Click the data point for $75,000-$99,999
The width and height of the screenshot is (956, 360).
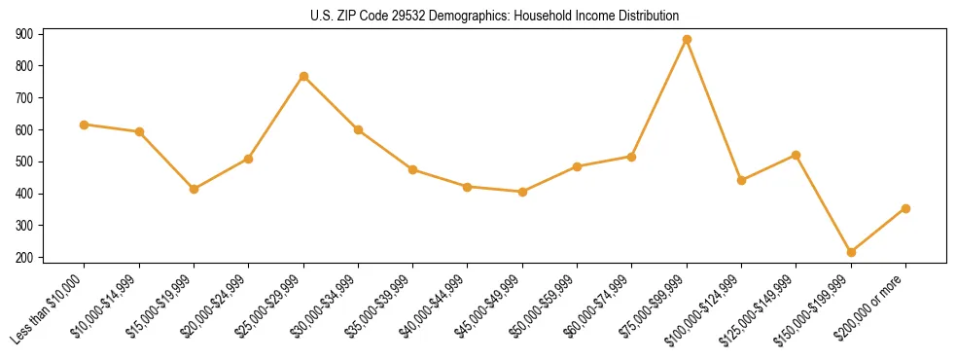[687, 40]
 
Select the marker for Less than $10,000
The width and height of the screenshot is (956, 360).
[85, 125]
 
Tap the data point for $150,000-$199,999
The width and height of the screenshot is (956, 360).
[851, 252]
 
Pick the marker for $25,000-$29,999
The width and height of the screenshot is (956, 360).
[303, 76]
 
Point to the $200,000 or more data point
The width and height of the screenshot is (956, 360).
[905, 208]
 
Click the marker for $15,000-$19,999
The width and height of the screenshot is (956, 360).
[194, 189]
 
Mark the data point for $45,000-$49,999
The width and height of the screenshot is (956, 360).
[522, 192]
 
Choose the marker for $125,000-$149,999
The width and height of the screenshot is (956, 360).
[797, 155]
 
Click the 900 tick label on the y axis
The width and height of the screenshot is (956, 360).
[24, 34]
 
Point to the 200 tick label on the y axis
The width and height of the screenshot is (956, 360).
[24, 258]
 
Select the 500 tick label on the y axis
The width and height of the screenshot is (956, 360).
[24, 162]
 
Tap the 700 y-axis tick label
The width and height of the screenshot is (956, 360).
[24, 98]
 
